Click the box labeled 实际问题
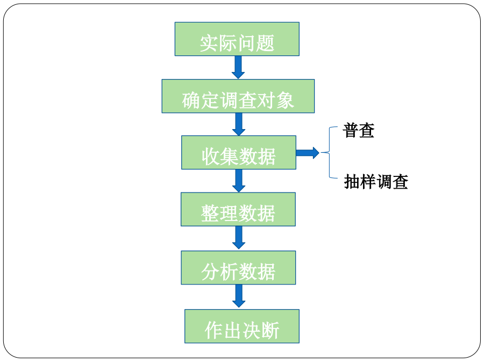237,39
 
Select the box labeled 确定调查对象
238,96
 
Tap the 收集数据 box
239,153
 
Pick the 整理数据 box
238,209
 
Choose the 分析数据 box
238,268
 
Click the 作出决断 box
242,326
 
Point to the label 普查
358,130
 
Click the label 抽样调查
376,182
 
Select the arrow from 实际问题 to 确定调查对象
238,67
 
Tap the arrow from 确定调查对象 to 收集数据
239,124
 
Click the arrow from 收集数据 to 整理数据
239,181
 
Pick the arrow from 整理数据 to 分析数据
239,238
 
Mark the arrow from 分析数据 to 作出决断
239,296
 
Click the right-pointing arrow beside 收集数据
308,153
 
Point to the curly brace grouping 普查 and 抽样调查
330,153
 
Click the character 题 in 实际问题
265,43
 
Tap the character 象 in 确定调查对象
285,101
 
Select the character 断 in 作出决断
270,330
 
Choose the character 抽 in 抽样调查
352,182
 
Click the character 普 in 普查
350,130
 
